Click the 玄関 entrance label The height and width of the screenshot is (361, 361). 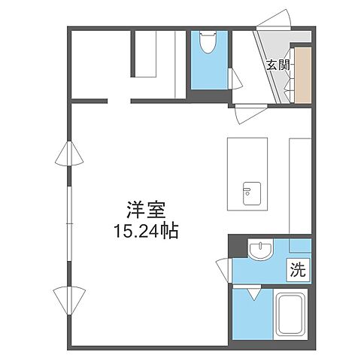point(278,65)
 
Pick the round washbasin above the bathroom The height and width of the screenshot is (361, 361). point(259,249)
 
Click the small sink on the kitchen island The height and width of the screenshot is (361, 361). point(249,190)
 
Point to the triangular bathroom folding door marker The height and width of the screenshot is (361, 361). point(252,293)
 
